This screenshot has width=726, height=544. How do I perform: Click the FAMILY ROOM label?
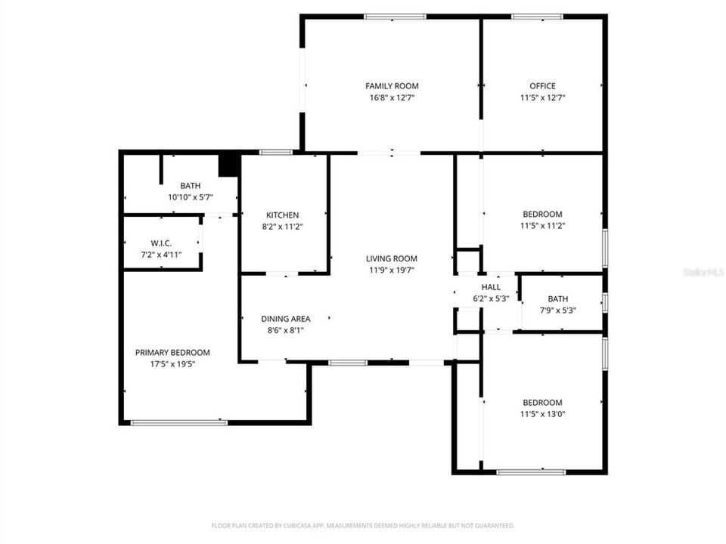tap(392, 86)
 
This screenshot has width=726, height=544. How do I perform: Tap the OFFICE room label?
tap(542, 86)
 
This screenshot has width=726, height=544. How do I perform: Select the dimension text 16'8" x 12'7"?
tap(392, 97)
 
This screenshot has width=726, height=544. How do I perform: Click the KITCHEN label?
tap(282, 215)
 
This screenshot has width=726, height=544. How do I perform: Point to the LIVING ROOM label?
tap(392, 259)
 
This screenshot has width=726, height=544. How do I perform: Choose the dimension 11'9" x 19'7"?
tap(392, 270)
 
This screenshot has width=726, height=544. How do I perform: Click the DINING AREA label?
tap(286, 319)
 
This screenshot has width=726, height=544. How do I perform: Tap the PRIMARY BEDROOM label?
tap(172, 353)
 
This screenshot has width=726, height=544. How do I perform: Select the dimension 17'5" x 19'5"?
tap(172, 364)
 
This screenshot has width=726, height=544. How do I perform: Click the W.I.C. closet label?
tap(161, 243)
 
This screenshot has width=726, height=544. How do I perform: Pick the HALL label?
tap(491, 287)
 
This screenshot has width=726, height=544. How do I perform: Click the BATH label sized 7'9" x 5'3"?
tap(558, 299)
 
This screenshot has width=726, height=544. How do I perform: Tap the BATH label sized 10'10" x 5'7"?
tap(191, 186)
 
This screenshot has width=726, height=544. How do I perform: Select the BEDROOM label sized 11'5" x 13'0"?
tap(542, 403)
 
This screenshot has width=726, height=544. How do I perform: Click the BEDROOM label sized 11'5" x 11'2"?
tap(542, 215)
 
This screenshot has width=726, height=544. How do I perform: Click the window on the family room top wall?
tap(395, 17)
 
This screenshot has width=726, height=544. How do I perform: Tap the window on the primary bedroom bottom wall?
tap(179, 422)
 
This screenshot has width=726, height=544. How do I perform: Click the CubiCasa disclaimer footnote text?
tap(363, 525)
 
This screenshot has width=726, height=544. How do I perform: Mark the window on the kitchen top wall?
tap(276, 153)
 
